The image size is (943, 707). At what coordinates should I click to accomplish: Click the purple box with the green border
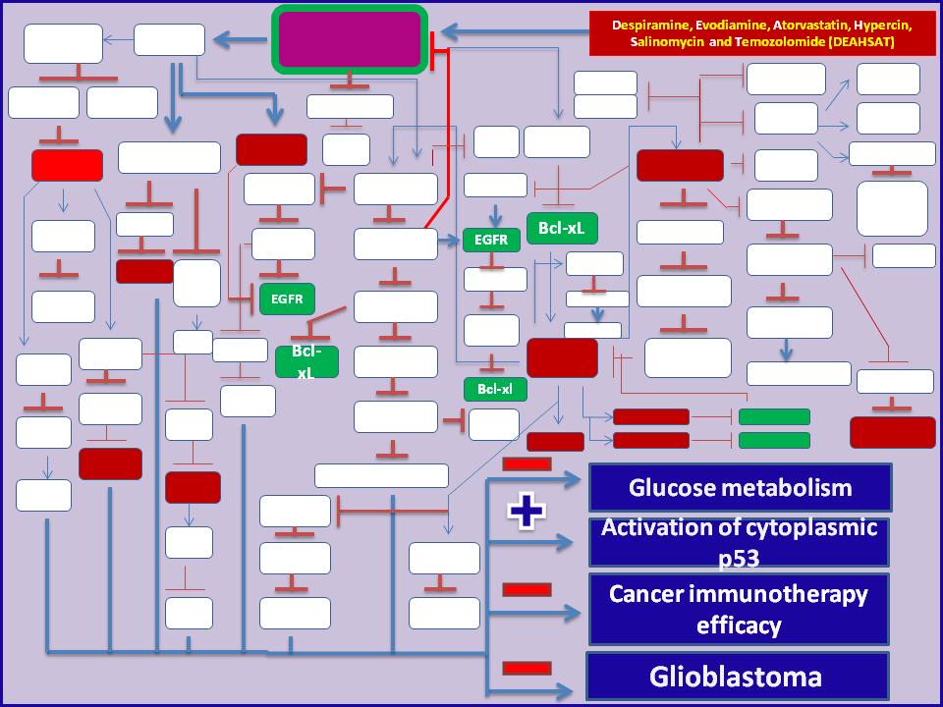tap(350, 39)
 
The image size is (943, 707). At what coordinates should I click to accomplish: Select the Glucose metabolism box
tap(740, 488)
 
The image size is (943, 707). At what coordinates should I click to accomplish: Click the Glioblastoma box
tap(737, 677)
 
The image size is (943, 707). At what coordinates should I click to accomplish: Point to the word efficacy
tap(740, 624)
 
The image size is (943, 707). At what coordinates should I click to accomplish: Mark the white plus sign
tap(526, 513)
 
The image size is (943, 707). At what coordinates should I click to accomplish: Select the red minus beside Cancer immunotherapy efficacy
tap(527, 589)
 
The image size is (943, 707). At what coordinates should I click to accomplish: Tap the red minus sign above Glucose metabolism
tap(527, 463)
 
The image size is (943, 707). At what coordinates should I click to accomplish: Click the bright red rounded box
tap(67, 165)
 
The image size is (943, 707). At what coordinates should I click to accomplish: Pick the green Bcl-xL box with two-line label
tap(306, 361)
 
